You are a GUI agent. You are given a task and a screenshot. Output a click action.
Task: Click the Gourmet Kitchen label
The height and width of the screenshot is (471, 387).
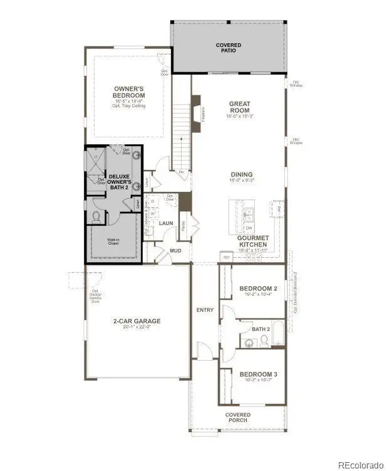point(253,241)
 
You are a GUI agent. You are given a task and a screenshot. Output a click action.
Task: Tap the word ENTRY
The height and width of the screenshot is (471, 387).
point(205,310)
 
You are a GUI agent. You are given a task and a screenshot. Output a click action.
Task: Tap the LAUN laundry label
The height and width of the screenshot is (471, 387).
point(166,223)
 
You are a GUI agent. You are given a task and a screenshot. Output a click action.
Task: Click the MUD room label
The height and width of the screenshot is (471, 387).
point(176,250)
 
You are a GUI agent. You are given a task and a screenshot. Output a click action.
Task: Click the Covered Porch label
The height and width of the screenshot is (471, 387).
point(238,418)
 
